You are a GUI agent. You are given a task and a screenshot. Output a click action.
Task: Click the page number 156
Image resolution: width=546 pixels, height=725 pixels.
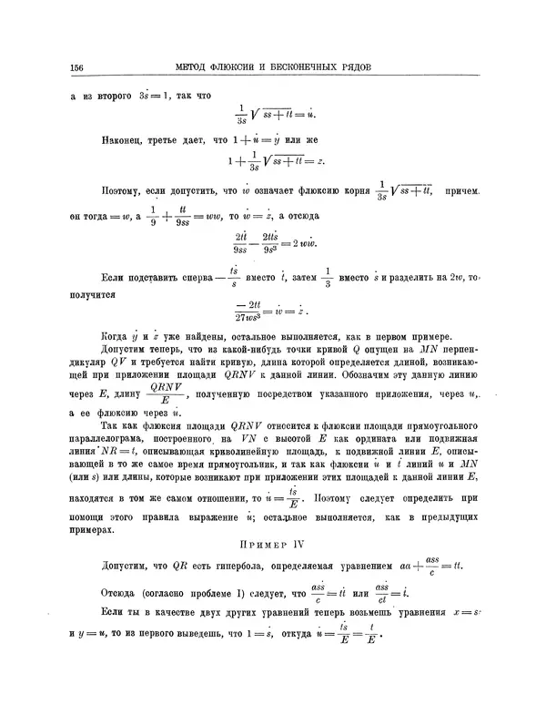(76, 66)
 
